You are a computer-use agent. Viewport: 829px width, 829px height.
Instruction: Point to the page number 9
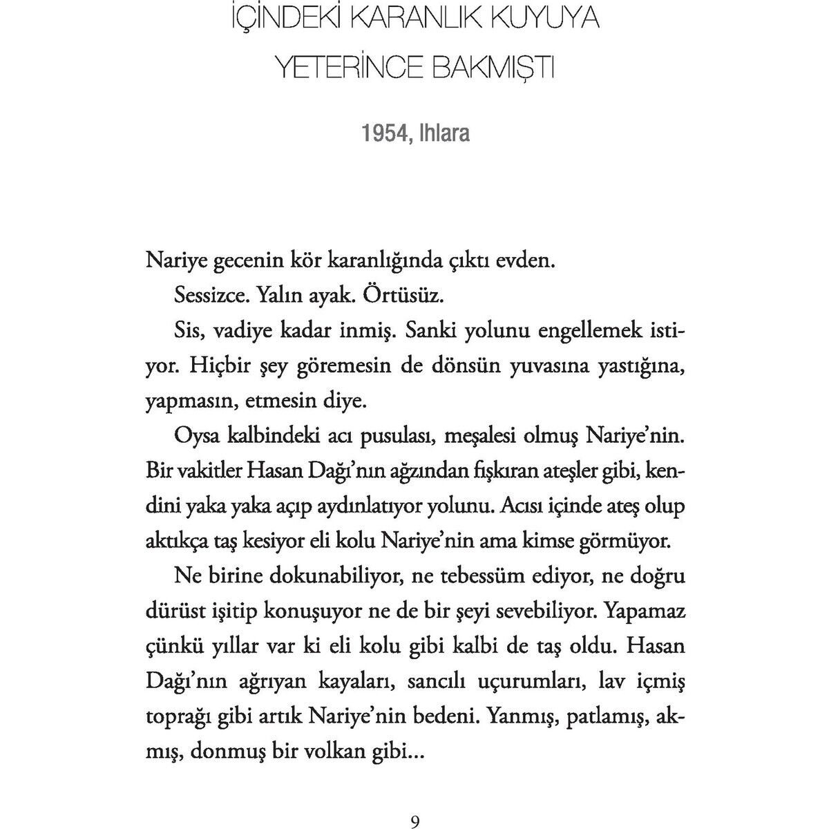[x=414, y=802]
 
